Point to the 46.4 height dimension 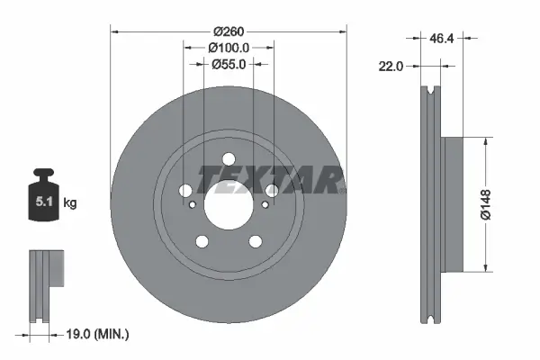tap(441, 40)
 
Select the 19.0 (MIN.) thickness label tap(99, 334)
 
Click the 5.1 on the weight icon tap(42, 202)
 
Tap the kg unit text tap(70, 203)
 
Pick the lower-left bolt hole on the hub tap(202, 240)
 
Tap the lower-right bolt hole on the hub tap(255, 240)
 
